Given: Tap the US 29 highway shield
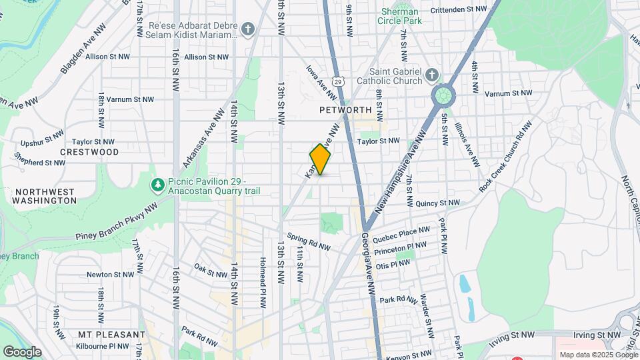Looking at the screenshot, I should (x=339, y=81).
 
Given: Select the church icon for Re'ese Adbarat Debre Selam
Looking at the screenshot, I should (x=248, y=29).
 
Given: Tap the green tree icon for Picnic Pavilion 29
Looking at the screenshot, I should (x=158, y=183).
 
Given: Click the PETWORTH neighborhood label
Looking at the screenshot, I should (x=345, y=109).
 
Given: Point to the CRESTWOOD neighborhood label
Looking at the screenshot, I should (x=89, y=152).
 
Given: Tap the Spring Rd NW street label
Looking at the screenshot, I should (x=309, y=241).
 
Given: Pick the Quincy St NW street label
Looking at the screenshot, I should (x=437, y=203).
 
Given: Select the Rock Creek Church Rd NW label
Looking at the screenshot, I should (x=505, y=157).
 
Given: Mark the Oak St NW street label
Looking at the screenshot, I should (x=210, y=270).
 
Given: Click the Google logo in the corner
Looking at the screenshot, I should (x=22, y=351).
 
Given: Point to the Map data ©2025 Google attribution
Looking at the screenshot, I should (x=597, y=355).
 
